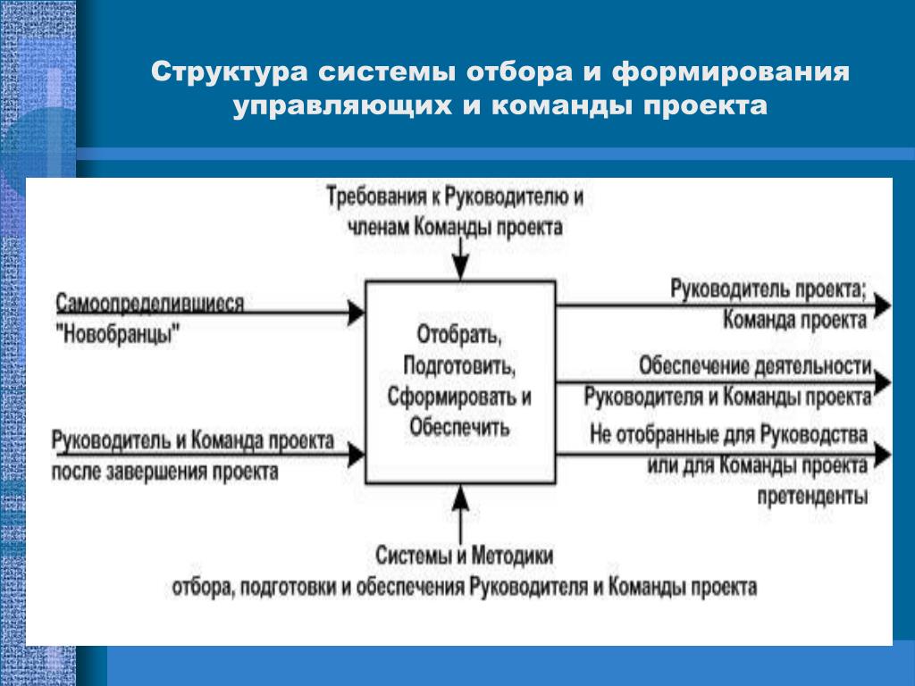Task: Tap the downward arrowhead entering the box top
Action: pyautogui.click(x=460, y=268)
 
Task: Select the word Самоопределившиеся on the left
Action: pyautogui.click(x=149, y=304)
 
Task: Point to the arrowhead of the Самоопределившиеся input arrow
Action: pyautogui.click(x=357, y=313)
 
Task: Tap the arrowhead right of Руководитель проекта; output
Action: pyautogui.click(x=882, y=305)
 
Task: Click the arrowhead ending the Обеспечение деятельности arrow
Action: pyautogui.click(x=882, y=382)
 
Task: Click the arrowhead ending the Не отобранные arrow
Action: pyautogui.click(x=882, y=455)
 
